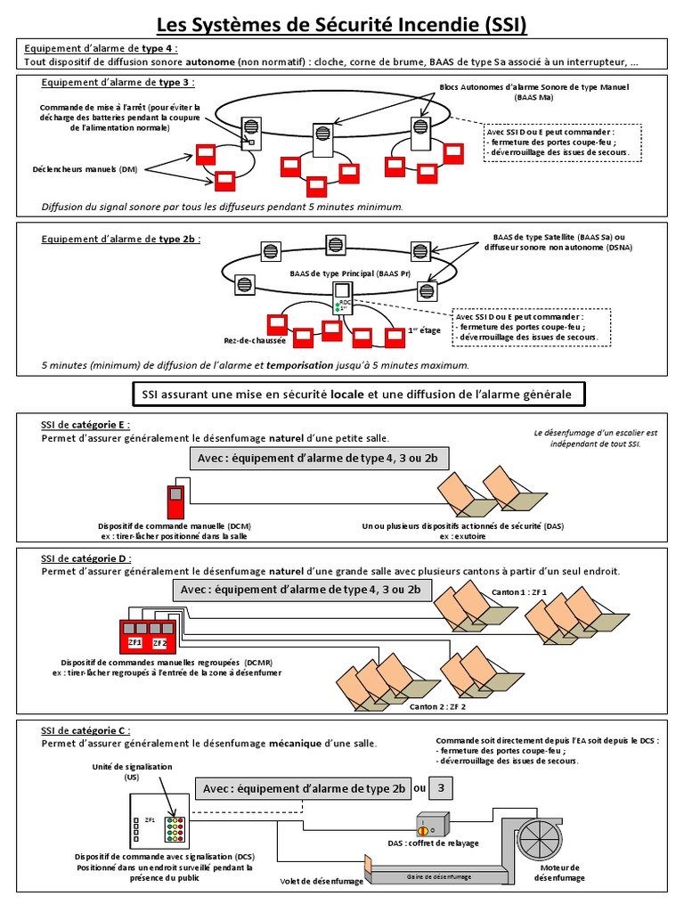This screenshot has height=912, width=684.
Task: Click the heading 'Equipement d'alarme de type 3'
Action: pyautogui.click(x=118, y=83)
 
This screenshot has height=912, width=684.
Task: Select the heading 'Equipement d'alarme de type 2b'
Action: pyautogui.click(x=121, y=239)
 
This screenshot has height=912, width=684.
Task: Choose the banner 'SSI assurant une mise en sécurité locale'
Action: pyautogui.click(x=357, y=394)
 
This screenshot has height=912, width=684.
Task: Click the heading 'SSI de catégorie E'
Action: pyautogui.click(x=85, y=425)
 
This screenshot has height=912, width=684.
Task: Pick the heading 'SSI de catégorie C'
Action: pyautogui.click(x=85, y=730)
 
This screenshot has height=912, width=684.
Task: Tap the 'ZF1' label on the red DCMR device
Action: pyautogui.click(x=135, y=641)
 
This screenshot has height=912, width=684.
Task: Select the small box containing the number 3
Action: pyautogui.click(x=442, y=788)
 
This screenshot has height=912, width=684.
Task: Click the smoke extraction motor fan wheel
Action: pyautogui.click(x=541, y=838)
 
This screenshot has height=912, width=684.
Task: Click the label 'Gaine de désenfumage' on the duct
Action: pyautogui.click(x=427, y=877)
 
